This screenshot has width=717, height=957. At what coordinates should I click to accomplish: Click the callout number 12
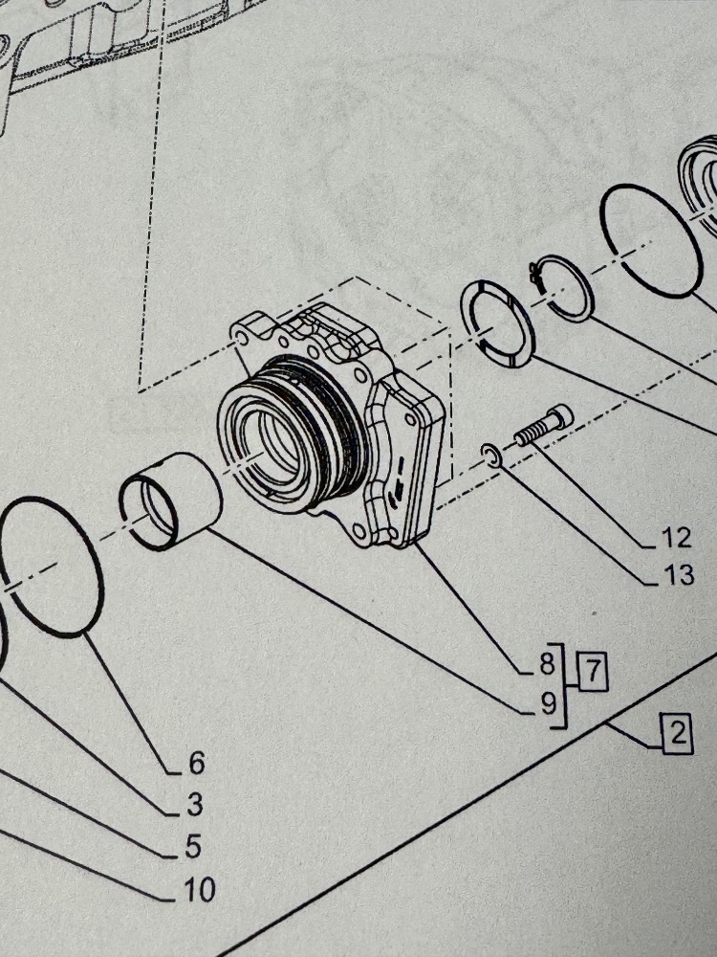[676, 539]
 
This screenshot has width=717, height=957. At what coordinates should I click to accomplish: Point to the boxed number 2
[676, 736]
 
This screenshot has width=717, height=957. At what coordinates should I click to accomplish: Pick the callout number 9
[547, 704]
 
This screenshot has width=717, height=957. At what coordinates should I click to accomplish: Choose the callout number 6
[196, 763]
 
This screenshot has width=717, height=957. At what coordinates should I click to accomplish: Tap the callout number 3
[195, 805]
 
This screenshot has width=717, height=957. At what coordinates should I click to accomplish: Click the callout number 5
[194, 847]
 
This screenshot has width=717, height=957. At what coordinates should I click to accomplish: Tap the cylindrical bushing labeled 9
[171, 501]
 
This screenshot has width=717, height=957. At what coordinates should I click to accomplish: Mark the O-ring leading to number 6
[53, 565]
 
